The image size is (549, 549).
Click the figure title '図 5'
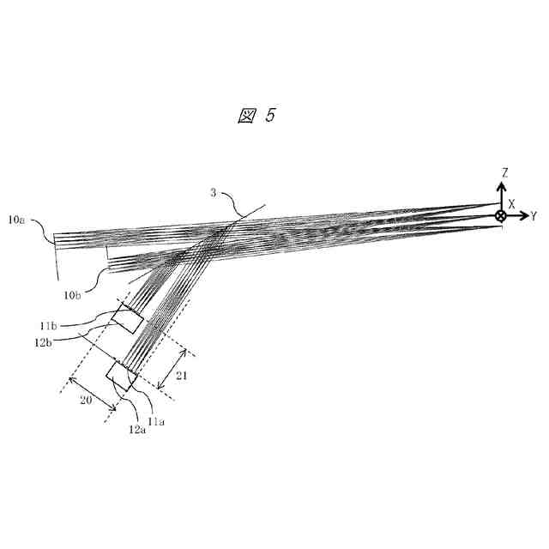[256, 116]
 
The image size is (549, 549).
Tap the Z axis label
[505, 173]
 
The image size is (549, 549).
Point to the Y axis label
[534, 215]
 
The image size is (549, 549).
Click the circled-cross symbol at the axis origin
[501, 216]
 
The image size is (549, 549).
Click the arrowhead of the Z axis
[501, 185]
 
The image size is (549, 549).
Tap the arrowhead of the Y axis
[522, 216]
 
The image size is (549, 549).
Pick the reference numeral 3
[214, 193]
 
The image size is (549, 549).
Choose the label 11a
[156, 421]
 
